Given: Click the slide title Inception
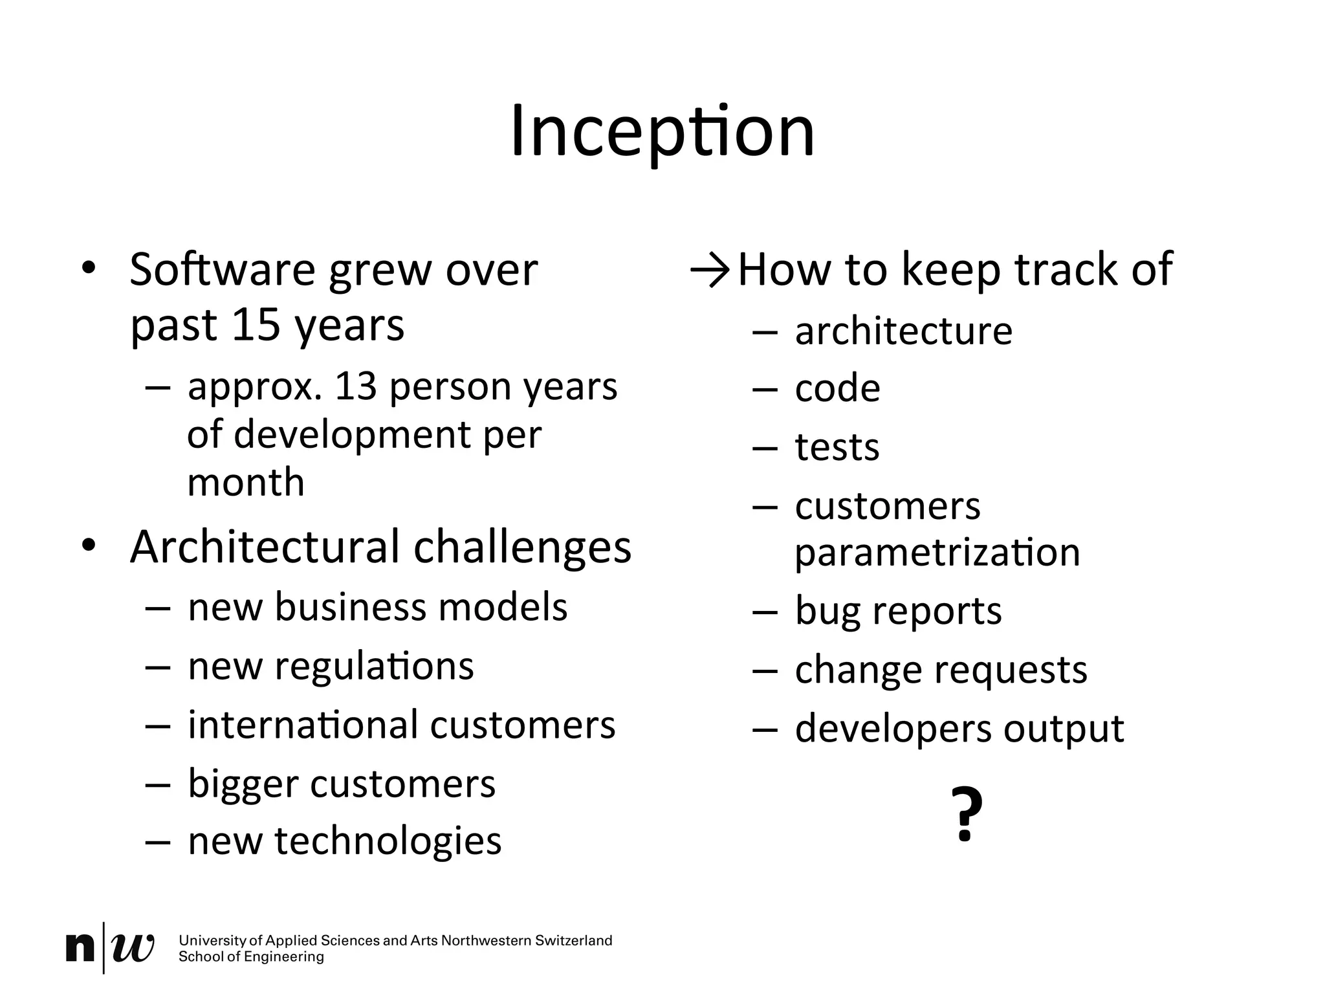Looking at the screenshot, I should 662,133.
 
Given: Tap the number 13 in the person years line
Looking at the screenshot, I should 355,386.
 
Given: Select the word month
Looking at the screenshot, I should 245,483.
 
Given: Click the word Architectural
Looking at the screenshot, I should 265,547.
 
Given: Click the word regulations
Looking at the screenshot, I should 374,667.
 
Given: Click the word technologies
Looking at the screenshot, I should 388,841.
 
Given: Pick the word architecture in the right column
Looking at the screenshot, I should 903,331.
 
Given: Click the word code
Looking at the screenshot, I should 837,389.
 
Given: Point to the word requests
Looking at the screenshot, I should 1012,670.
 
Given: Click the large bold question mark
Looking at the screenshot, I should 967,813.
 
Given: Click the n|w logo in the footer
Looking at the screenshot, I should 109,948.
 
